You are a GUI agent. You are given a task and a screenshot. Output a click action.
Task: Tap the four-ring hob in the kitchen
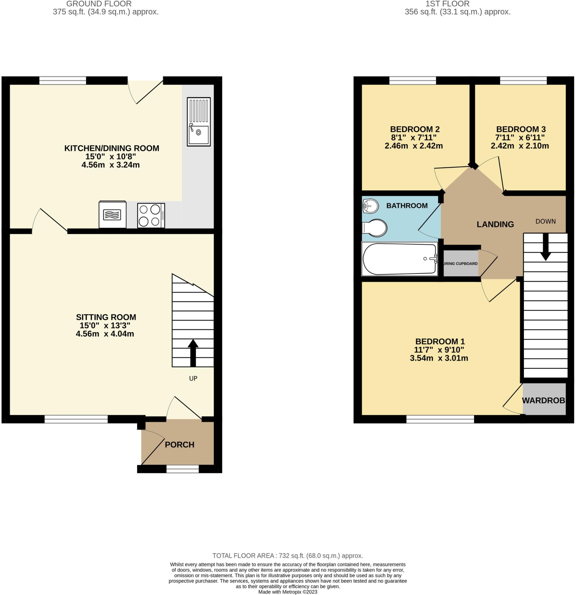coord(151,216)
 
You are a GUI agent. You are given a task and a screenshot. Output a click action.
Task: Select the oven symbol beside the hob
coord(113,215)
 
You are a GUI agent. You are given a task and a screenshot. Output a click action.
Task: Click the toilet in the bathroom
coord(375,228)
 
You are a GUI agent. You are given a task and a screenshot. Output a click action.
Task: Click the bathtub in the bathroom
coord(400,259)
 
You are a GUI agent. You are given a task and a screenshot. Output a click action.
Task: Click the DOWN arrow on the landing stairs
coord(546,247)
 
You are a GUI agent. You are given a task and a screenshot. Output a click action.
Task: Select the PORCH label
coord(179,445)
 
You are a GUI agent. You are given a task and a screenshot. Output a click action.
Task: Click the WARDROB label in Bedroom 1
coord(543,400)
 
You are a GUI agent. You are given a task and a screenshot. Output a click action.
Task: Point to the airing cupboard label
coord(461,264)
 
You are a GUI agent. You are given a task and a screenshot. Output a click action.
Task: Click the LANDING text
coord(495,224)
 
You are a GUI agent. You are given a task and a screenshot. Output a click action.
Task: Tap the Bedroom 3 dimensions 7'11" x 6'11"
coord(520,137)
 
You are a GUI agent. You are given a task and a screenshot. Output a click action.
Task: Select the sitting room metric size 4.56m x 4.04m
coord(105,334)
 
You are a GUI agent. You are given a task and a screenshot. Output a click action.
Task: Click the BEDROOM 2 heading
coord(415,129)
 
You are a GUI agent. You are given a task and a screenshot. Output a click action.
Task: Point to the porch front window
coord(183,469)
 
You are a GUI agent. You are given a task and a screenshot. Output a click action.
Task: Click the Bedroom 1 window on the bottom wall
coord(440,419)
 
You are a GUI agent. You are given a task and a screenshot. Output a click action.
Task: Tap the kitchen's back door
coord(145,91)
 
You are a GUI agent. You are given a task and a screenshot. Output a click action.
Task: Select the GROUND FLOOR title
coord(99,4)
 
